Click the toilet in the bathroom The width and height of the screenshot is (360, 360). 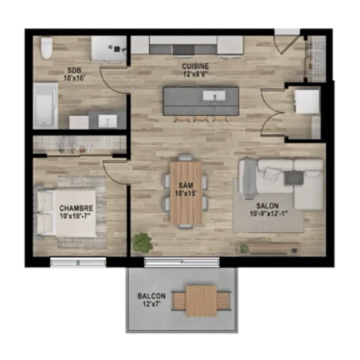[47, 48]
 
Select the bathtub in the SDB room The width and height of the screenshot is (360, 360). [45, 106]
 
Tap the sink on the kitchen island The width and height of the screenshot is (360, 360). [214, 95]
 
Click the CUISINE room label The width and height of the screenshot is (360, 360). [196, 66]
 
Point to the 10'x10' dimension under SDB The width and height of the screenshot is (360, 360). [74, 78]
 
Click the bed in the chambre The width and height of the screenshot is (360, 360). [66, 213]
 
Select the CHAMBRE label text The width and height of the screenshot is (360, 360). [76, 208]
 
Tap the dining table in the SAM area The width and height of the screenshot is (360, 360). [186, 193]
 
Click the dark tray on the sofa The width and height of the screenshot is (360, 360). [294, 178]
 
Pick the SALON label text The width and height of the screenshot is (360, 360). [268, 206]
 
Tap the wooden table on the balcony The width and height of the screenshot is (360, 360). [201, 301]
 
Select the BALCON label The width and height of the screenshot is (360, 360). [152, 296]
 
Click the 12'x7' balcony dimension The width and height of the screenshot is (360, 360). [152, 304]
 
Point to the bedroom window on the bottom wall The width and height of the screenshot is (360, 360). [78, 262]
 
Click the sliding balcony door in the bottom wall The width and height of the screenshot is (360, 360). [181, 262]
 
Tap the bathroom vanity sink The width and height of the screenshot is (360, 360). [108, 121]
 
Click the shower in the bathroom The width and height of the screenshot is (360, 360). [109, 49]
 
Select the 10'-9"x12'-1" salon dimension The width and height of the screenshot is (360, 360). [269, 214]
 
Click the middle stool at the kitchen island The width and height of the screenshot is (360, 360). [200, 119]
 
